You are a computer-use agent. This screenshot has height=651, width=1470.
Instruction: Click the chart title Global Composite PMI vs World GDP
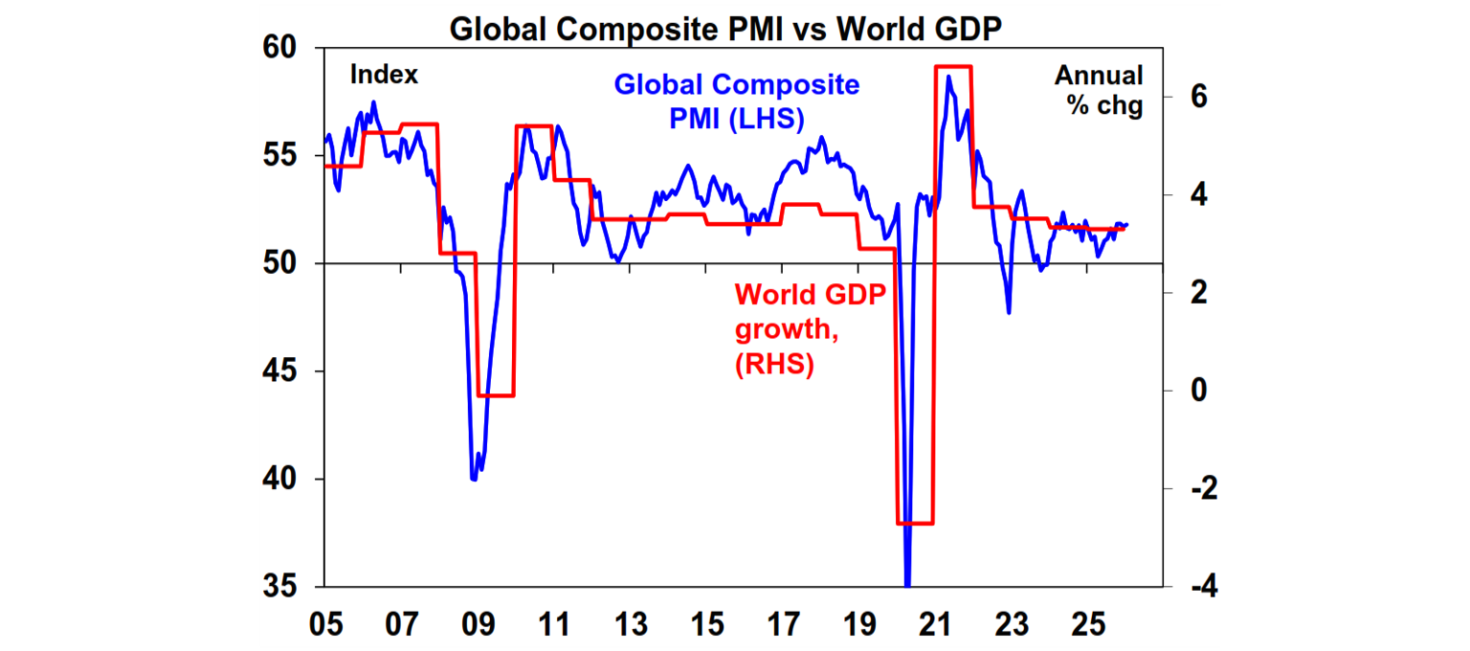[x=725, y=29]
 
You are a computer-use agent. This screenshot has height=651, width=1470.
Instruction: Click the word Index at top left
[x=384, y=75]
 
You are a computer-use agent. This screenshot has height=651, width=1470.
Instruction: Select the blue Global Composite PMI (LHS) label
[x=736, y=101]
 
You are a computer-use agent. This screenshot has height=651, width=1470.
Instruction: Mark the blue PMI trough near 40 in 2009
[x=474, y=478]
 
